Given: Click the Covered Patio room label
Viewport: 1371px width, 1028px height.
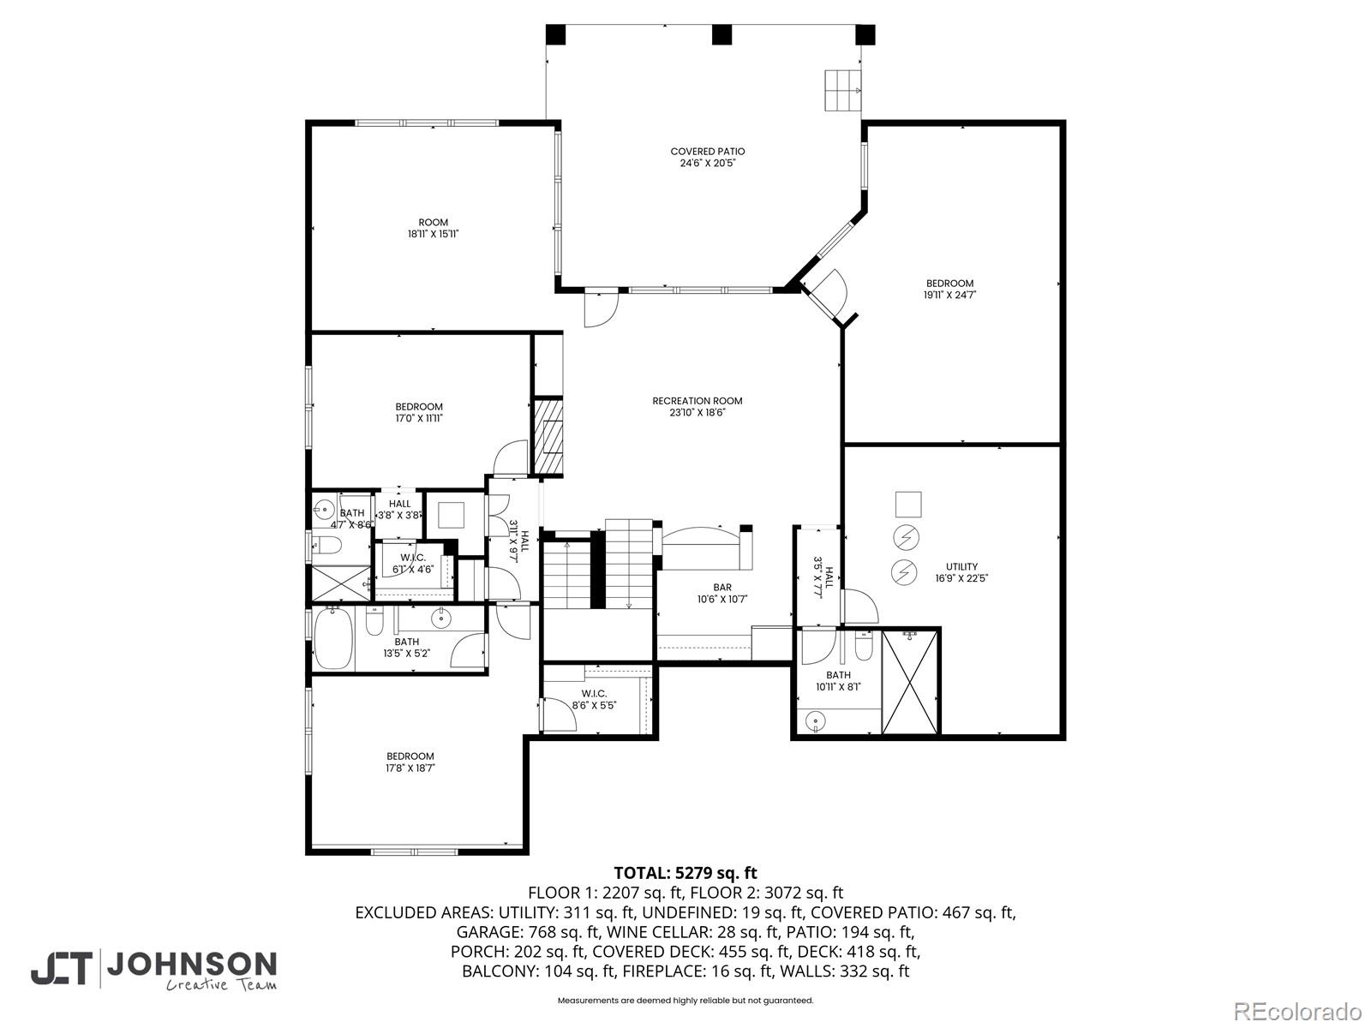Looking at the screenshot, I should (x=707, y=152).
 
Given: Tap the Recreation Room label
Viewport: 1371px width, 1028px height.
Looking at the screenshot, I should (x=697, y=401).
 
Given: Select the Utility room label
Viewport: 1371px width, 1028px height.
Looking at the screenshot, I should (x=961, y=566).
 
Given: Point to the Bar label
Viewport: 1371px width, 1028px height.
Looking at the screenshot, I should (x=722, y=588).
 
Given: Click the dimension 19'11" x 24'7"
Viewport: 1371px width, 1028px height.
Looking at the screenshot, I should (x=949, y=295).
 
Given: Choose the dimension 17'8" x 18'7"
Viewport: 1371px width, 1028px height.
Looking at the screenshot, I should (x=410, y=768).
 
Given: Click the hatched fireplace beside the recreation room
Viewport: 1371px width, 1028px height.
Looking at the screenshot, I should (x=548, y=436).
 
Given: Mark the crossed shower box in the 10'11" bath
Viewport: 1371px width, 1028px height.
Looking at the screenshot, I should (x=911, y=682).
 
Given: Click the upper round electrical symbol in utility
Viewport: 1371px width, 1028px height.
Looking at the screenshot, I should (x=905, y=537).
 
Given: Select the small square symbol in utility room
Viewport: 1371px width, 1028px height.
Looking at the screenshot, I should (x=908, y=504).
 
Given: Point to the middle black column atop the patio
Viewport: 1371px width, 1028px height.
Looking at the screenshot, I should (x=722, y=34).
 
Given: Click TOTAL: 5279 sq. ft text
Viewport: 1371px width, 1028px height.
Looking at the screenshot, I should (x=685, y=873).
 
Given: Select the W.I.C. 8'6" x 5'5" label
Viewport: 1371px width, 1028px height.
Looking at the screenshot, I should (x=594, y=699).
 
